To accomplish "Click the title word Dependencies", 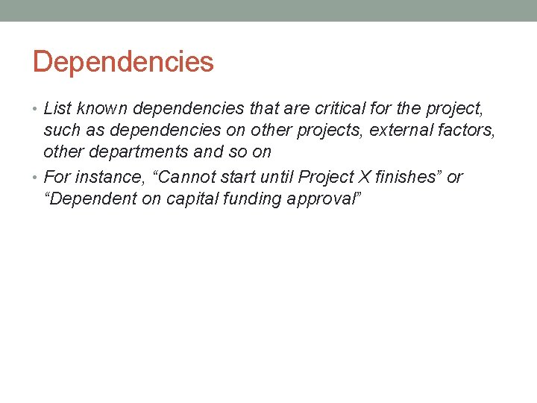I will (123, 62).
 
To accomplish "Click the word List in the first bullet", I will (57, 109).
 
